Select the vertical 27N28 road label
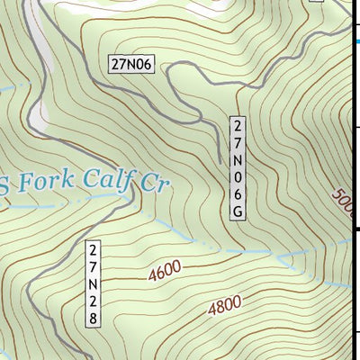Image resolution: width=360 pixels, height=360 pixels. [94, 283]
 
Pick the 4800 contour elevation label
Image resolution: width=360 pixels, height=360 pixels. [225, 307]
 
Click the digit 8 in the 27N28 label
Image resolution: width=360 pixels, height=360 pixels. [94, 318]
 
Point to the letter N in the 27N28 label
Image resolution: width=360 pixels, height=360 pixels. [94, 283]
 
